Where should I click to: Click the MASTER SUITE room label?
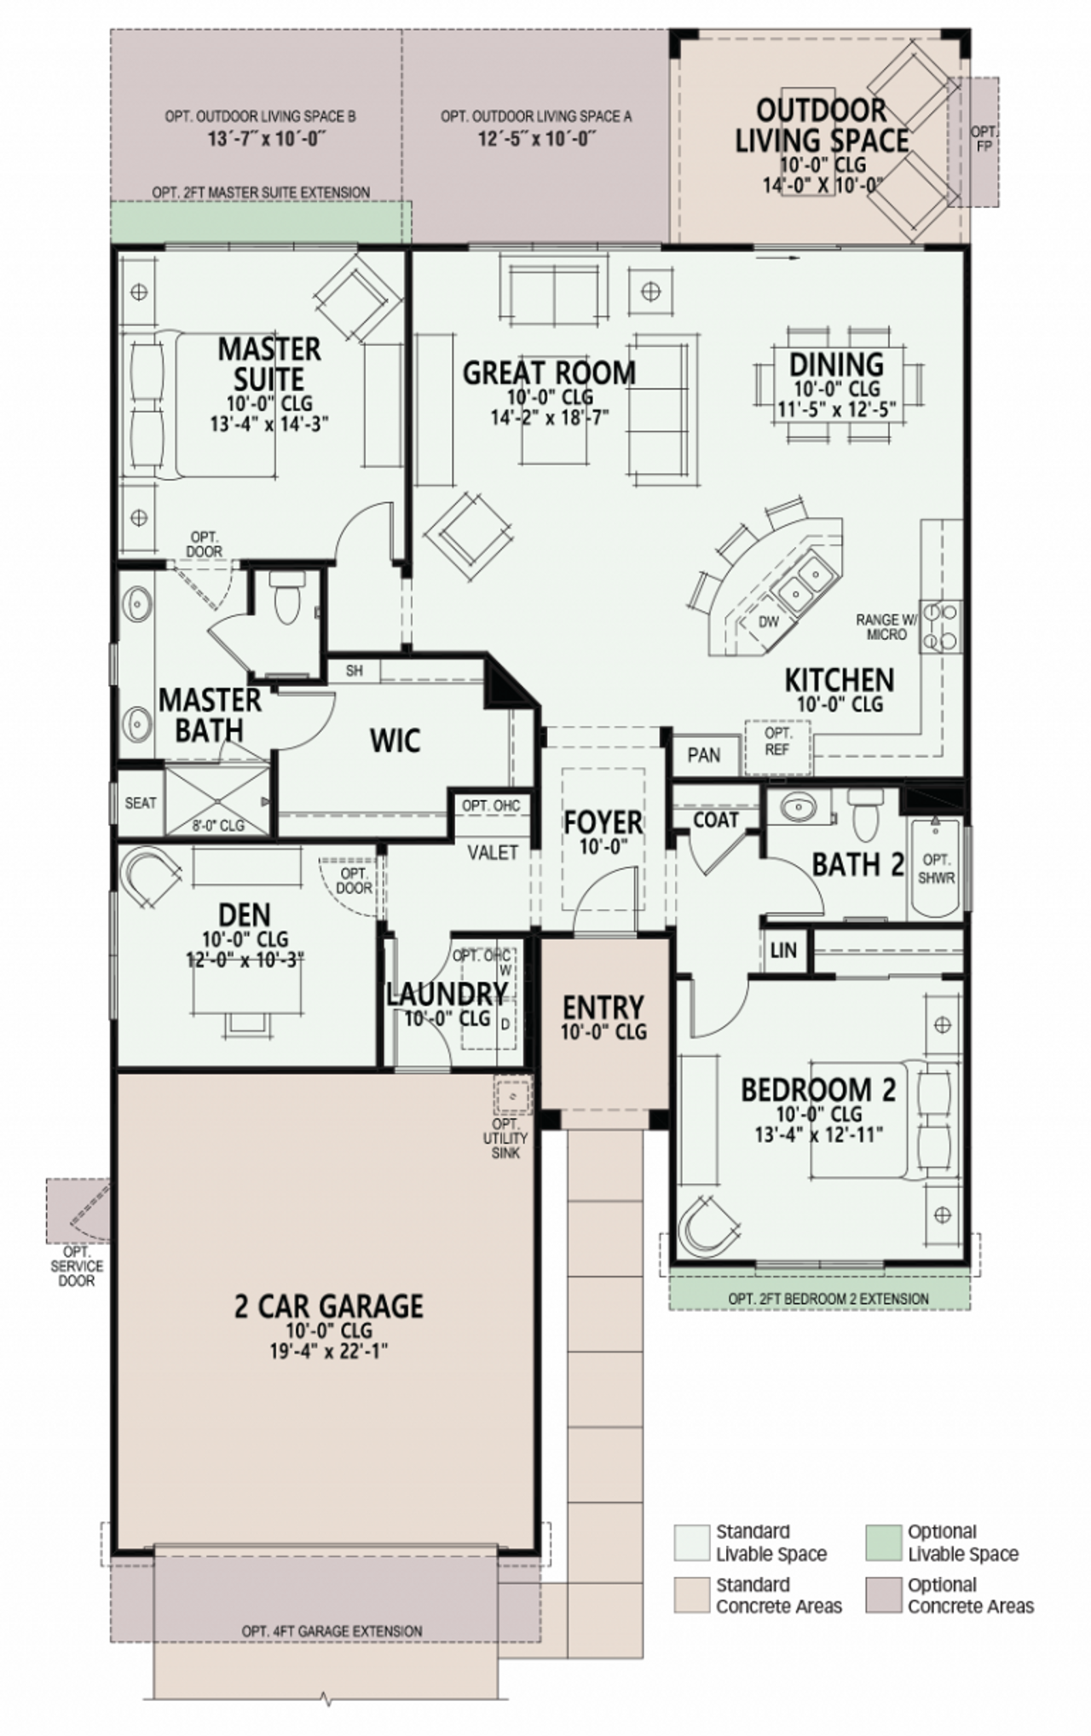click(269, 364)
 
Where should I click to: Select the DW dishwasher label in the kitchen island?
click(768, 622)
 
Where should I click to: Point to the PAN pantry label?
click(703, 755)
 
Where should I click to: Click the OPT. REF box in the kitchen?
click(777, 741)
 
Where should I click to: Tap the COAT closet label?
click(715, 820)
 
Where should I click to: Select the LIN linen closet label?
click(782, 949)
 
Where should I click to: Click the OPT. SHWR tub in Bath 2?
click(936, 868)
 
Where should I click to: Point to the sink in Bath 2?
click(799, 806)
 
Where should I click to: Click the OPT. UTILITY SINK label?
click(505, 1139)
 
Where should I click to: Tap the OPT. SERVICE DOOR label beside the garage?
click(76, 1266)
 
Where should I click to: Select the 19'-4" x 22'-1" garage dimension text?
click(328, 1351)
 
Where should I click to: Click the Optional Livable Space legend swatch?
click(883, 1543)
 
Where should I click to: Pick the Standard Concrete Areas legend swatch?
click(691, 1595)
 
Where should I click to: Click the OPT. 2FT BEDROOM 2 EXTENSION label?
click(828, 1299)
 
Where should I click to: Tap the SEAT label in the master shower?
click(141, 803)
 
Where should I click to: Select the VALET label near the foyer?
click(493, 852)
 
